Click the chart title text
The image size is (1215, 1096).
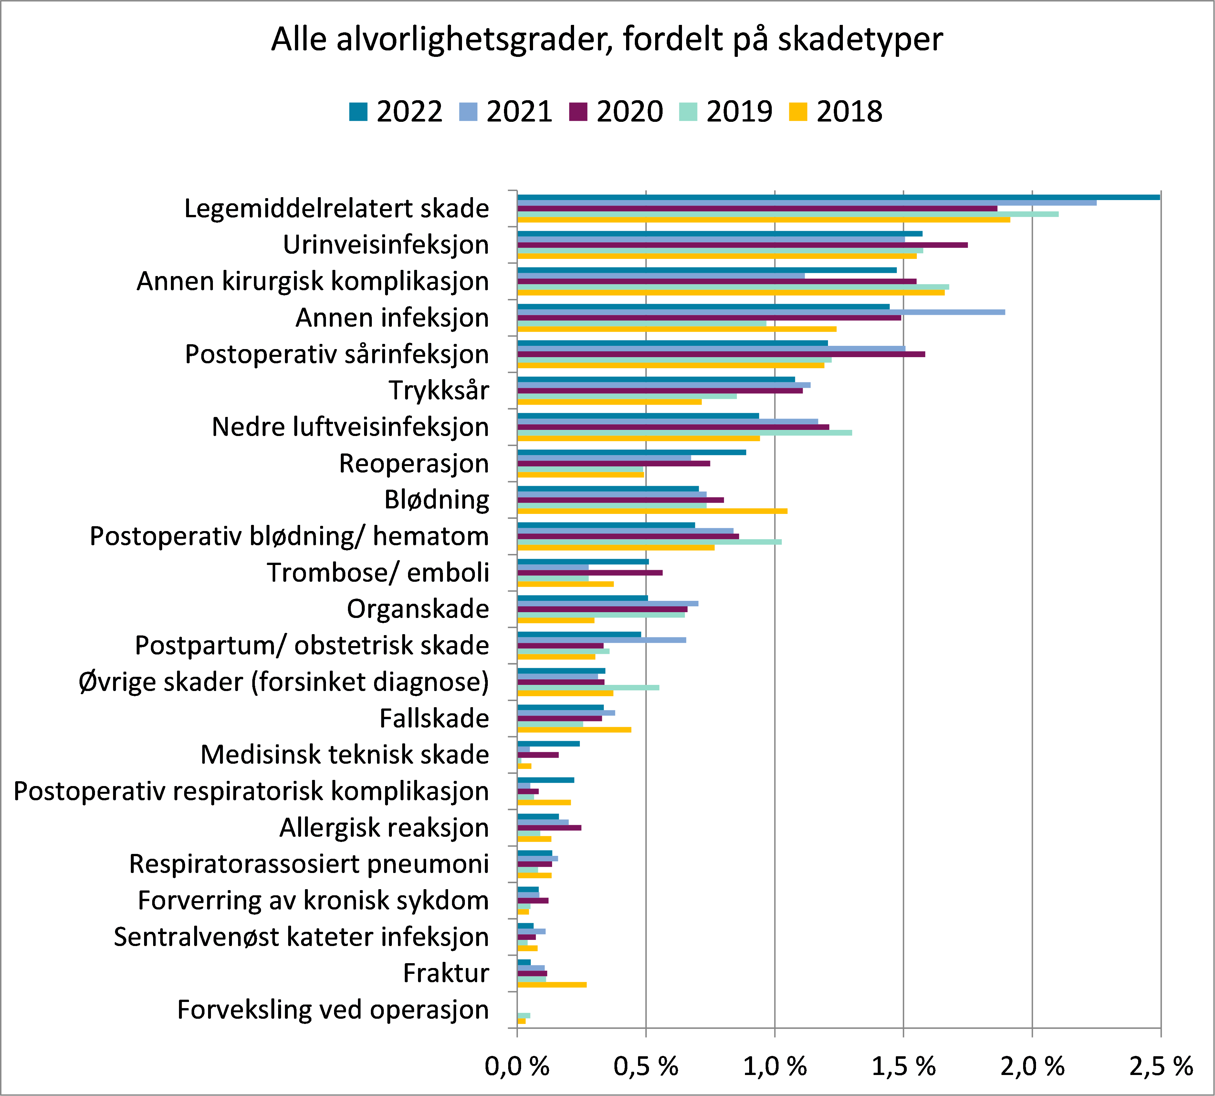[607, 40]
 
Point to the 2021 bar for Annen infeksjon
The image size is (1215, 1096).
[761, 312]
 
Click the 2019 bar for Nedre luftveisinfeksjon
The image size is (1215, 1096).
[684, 432]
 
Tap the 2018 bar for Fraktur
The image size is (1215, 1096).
[552, 984]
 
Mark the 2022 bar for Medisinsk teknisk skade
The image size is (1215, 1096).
[548, 744]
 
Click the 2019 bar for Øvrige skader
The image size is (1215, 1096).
[588, 687]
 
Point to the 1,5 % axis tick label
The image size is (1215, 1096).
[903, 1067]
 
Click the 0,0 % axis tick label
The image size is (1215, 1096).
[517, 1067]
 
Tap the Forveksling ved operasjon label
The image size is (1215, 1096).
[333, 1010]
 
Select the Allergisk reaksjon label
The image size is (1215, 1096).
[384, 827]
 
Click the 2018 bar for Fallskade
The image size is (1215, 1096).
[574, 729]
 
